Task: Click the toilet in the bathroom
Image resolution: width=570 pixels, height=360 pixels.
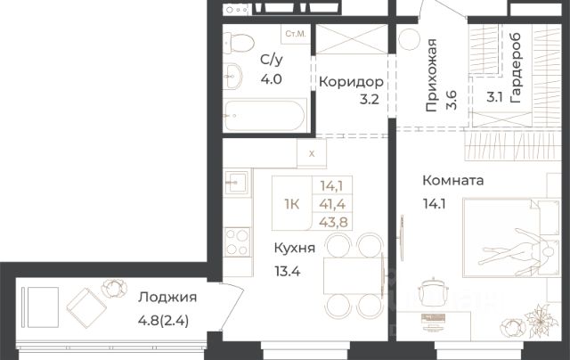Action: pyautogui.click(x=238, y=44)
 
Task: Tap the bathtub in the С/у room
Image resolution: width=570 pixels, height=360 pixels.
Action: pyautogui.click(x=265, y=116)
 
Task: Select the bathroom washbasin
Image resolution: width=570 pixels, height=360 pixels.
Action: pyautogui.click(x=232, y=76)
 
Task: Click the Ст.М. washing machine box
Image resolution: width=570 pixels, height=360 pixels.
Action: pyautogui.click(x=296, y=34)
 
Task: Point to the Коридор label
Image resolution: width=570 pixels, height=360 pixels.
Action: pyautogui.click(x=351, y=82)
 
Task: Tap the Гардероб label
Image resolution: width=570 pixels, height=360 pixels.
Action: pyautogui.click(x=516, y=68)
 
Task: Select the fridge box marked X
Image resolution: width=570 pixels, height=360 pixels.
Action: pyautogui.click(x=312, y=153)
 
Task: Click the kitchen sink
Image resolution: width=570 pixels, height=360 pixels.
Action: pyautogui.click(x=236, y=182)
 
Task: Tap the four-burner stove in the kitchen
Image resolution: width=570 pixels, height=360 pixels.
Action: pyautogui.click(x=238, y=241)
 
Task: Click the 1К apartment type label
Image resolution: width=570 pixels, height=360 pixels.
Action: pyautogui.click(x=292, y=204)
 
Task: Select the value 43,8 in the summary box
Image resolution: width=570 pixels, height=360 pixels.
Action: pyautogui.click(x=333, y=222)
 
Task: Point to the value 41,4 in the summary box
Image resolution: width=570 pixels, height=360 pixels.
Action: pyautogui.click(x=332, y=204)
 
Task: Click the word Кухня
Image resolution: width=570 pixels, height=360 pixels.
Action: pyautogui.click(x=295, y=249)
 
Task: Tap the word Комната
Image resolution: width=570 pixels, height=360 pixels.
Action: pyautogui.click(x=453, y=181)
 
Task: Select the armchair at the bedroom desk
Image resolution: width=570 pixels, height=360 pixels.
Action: pyautogui.click(x=433, y=292)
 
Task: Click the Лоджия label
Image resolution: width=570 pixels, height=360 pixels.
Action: pyautogui.click(x=167, y=298)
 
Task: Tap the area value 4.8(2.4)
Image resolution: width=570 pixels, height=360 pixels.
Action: pyautogui.click(x=163, y=321)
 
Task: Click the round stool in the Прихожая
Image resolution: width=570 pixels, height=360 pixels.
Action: pyautogui.click(x=410, y=39)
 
